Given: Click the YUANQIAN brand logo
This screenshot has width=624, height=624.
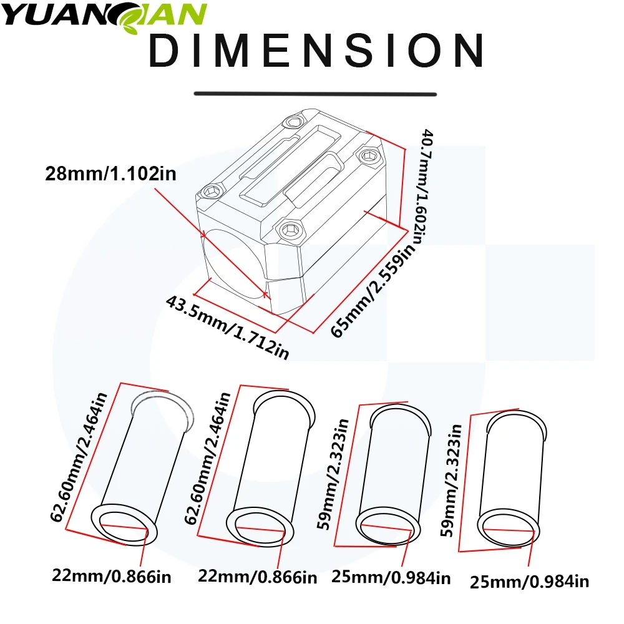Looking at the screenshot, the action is tap(104, 17).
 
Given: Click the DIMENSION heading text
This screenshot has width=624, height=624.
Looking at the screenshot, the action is tap(316, 51).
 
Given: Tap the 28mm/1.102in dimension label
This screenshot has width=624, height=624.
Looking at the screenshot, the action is tap(110, 174).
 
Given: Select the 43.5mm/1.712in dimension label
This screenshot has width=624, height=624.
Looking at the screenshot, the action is tap(227, 327).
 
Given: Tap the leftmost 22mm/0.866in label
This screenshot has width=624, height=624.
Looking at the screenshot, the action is tap(112, 576).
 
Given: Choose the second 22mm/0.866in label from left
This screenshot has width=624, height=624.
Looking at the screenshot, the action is tap(258, 577).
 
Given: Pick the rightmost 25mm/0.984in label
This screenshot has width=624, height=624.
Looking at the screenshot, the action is tap(529, 582).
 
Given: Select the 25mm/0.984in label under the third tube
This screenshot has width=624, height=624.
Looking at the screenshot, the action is tap(391, 577).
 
